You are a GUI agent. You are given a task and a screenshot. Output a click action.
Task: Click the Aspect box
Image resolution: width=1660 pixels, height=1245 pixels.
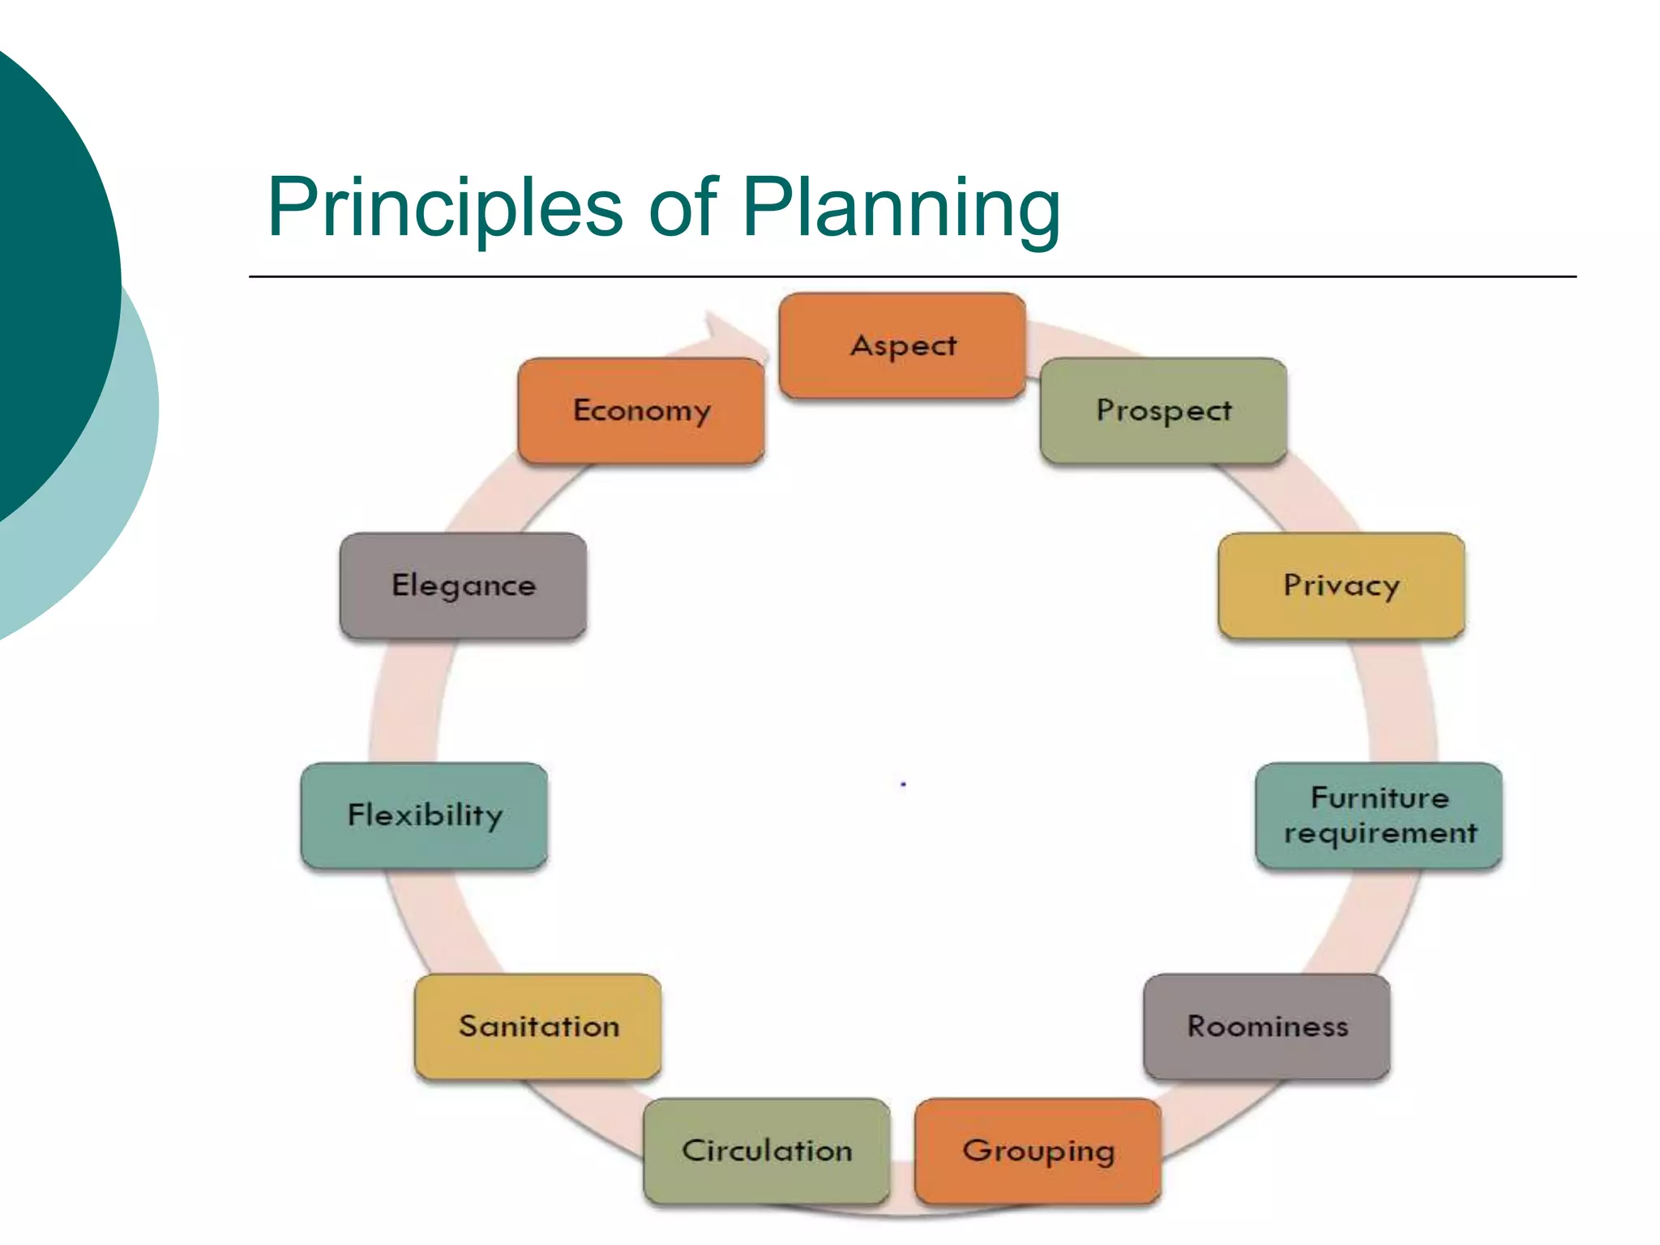click(902, 346)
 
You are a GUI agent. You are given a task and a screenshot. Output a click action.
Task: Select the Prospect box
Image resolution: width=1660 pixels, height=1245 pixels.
click(1163, 411)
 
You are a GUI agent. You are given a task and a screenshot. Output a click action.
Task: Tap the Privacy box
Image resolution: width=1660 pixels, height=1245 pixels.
click(1341, 585)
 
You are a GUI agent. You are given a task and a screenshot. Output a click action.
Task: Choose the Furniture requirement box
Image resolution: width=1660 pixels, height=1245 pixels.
click(1379, 815)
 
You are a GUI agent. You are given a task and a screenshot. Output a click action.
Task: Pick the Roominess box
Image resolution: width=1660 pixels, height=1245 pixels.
click(1267, 1027)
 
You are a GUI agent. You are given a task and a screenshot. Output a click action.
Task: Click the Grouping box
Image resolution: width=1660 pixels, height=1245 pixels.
click(1037, 1151)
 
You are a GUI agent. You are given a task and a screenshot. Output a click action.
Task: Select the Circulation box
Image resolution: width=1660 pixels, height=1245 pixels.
click(767, 1151)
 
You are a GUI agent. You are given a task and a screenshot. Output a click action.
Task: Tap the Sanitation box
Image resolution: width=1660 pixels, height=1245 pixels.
click(538, 1027)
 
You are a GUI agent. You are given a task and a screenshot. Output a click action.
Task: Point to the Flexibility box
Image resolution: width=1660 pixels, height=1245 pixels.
click(424, 815)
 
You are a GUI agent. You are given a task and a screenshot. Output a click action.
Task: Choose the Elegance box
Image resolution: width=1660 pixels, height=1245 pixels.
click(463, 585)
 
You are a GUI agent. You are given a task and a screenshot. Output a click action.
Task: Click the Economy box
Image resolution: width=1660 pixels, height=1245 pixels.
click(641, 411)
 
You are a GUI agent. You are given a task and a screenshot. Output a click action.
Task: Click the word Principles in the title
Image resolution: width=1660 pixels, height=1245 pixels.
click(445, 208)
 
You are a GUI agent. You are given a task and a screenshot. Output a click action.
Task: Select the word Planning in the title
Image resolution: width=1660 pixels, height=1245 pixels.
click(901, 208)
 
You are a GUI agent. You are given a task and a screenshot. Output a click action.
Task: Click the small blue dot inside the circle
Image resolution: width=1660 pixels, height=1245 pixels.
click(903, 785)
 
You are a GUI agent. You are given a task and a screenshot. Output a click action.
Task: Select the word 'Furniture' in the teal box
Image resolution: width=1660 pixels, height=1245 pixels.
click(1380, 798)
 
